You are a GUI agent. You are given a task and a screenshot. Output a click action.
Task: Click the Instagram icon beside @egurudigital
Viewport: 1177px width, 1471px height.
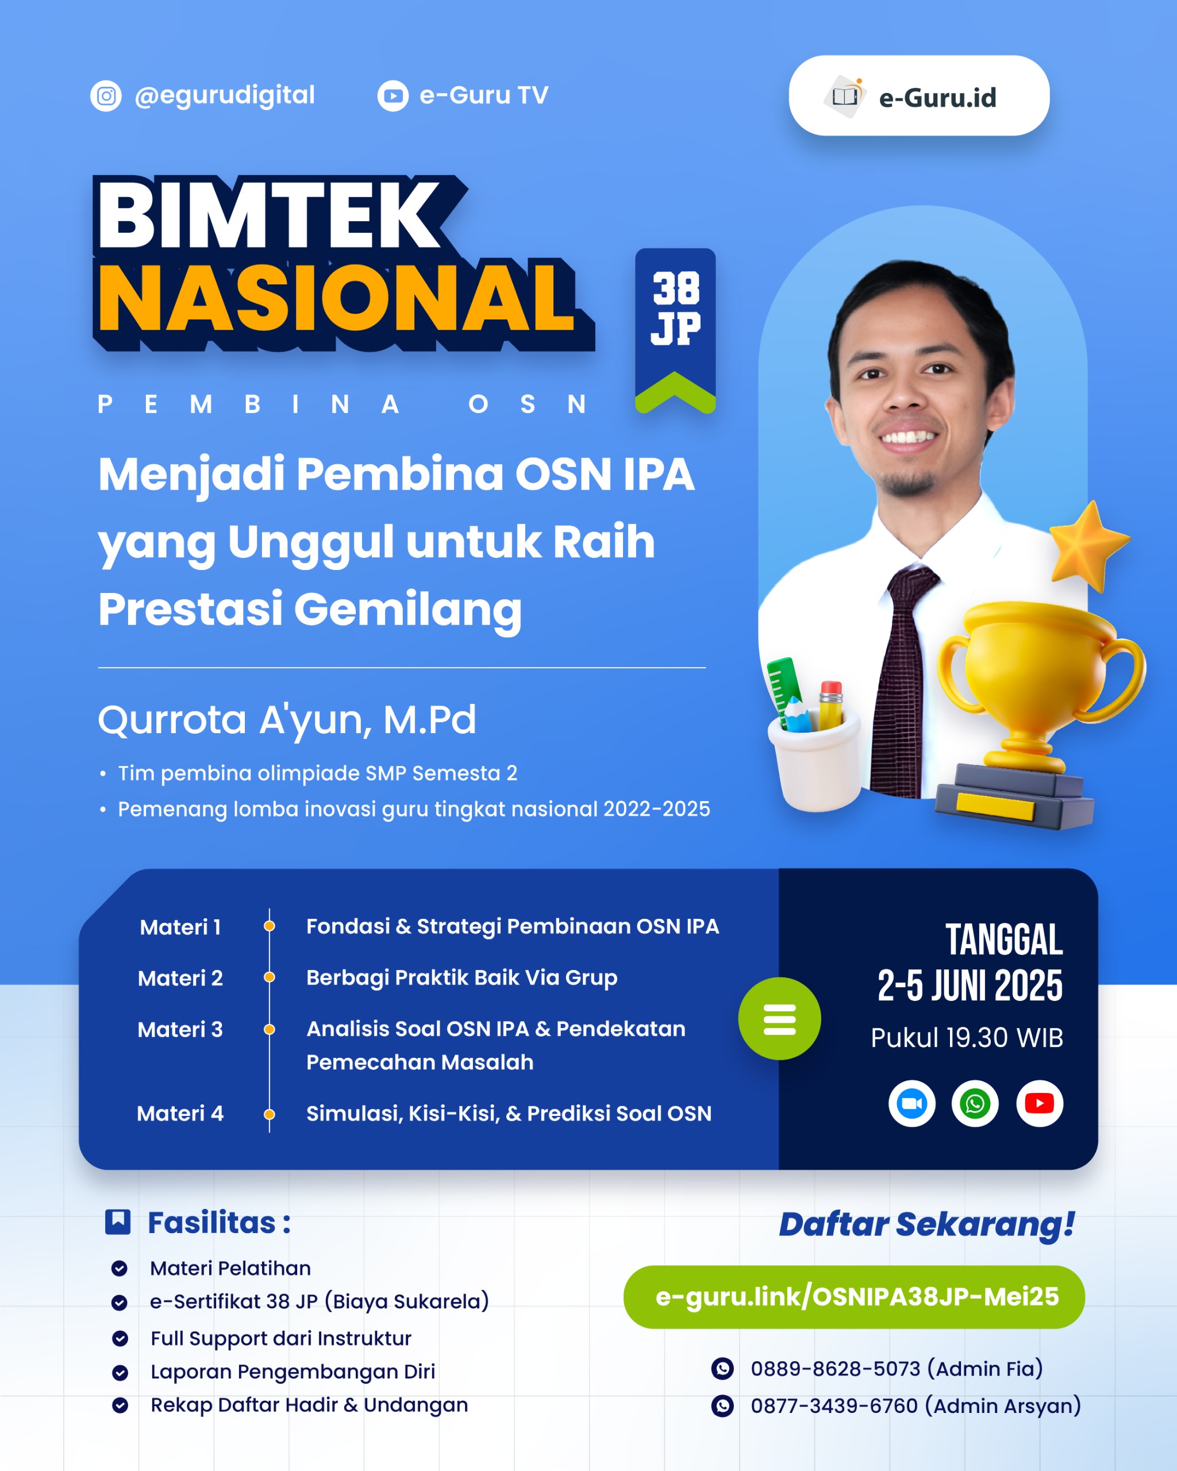tap(106, 95)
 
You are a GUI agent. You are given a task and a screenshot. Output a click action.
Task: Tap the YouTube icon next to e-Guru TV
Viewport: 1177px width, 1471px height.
tap(393, 96)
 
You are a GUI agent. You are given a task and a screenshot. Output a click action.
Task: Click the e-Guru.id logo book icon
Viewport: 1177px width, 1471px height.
tap(845, 96)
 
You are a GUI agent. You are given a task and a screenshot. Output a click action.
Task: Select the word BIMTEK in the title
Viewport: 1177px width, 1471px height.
tap(270, 215)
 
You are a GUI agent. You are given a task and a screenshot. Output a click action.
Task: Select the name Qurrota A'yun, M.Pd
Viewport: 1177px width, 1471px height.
tap(287, 720)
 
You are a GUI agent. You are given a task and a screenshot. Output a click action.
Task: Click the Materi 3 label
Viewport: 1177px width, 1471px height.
tap(180, 1029)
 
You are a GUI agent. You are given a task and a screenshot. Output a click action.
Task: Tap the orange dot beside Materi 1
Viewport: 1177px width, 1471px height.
tap(270, 926)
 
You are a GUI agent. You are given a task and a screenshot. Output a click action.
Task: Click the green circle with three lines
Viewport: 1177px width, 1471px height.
tap(779, 1019)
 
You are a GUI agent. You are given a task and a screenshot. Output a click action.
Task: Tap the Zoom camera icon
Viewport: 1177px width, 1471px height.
tap(911, 1103)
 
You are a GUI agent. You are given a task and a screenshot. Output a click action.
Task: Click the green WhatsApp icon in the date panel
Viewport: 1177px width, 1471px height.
tap(975, 1103)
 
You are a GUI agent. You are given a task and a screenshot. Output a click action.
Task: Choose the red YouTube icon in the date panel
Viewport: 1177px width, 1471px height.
tap(1039, 1103)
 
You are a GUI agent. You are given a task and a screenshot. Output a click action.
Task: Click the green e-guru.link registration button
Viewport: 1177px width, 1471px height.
tap(854, 1296)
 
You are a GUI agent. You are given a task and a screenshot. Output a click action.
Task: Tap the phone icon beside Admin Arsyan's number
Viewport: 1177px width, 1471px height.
tap(722, 1405)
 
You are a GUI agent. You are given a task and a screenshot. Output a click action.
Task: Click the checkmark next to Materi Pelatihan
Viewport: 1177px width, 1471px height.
tap(120, 1268)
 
